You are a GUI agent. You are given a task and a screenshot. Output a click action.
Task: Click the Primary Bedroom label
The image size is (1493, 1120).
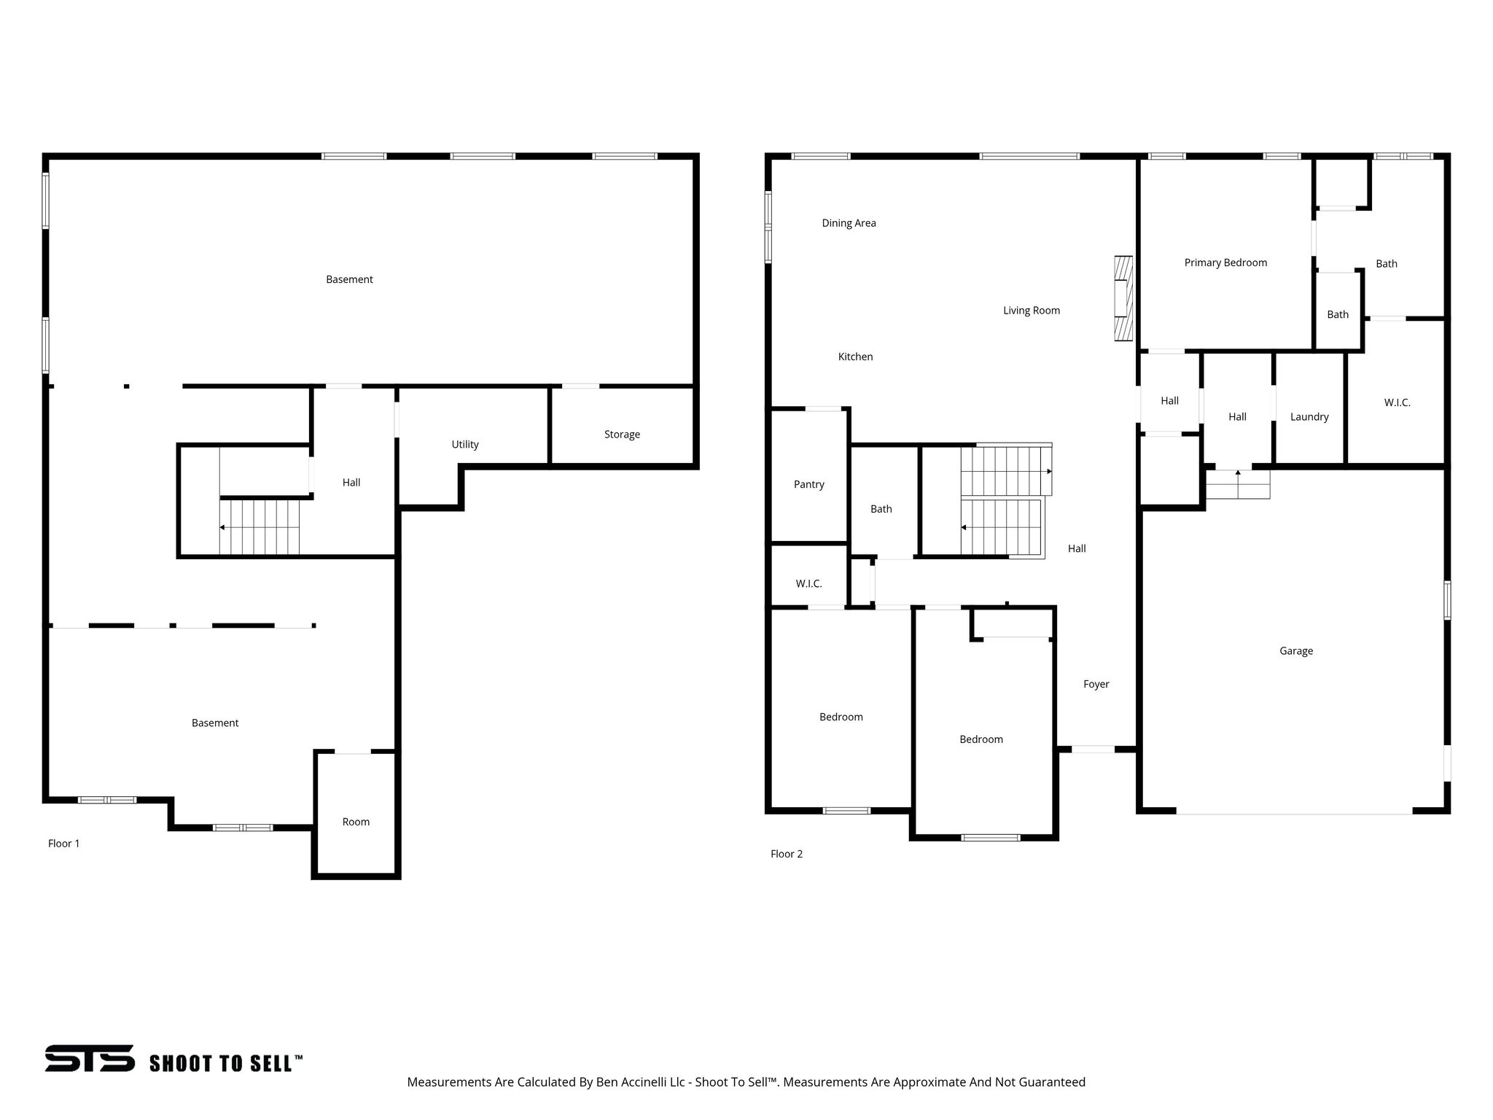(1225, 262)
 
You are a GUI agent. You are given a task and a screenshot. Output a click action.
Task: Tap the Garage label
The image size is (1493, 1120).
(1295, 651)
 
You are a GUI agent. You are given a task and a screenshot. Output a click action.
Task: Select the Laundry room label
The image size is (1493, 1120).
(1309, 417)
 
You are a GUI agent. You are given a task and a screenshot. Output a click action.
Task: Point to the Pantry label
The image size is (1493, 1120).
(808, 484)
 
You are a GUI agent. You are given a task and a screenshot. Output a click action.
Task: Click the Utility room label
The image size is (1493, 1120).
(465, 444)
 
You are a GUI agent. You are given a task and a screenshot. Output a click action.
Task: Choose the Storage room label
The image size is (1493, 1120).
(622, 435)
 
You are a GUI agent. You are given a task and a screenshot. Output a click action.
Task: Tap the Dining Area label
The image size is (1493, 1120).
(849, 223)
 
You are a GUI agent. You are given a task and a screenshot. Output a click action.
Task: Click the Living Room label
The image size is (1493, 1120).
(1031, 311)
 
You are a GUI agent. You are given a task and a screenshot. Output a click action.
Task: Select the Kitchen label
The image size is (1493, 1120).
(855, 357)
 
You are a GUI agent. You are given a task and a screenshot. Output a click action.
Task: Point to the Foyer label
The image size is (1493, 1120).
(1096, 684)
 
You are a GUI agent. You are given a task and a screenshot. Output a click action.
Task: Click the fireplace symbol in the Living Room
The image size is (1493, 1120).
(1123, 298)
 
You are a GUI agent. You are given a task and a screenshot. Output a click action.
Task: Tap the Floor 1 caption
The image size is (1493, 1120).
(64, 844)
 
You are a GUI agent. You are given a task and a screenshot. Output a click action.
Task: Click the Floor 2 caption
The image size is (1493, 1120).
(787, 854)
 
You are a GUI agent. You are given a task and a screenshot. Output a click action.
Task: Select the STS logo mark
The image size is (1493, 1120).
(90, 1058)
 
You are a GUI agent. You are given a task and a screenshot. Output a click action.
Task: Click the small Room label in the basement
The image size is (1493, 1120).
(356, 822)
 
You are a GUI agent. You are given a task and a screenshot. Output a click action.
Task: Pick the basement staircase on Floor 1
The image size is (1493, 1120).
(260, 526)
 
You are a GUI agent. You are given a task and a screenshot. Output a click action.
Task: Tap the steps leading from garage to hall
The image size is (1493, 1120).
(1237, 484)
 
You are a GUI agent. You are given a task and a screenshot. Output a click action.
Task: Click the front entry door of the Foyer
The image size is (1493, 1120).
(1093, 749)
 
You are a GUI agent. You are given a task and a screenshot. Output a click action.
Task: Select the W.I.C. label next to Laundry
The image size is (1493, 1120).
(1397, 402)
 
